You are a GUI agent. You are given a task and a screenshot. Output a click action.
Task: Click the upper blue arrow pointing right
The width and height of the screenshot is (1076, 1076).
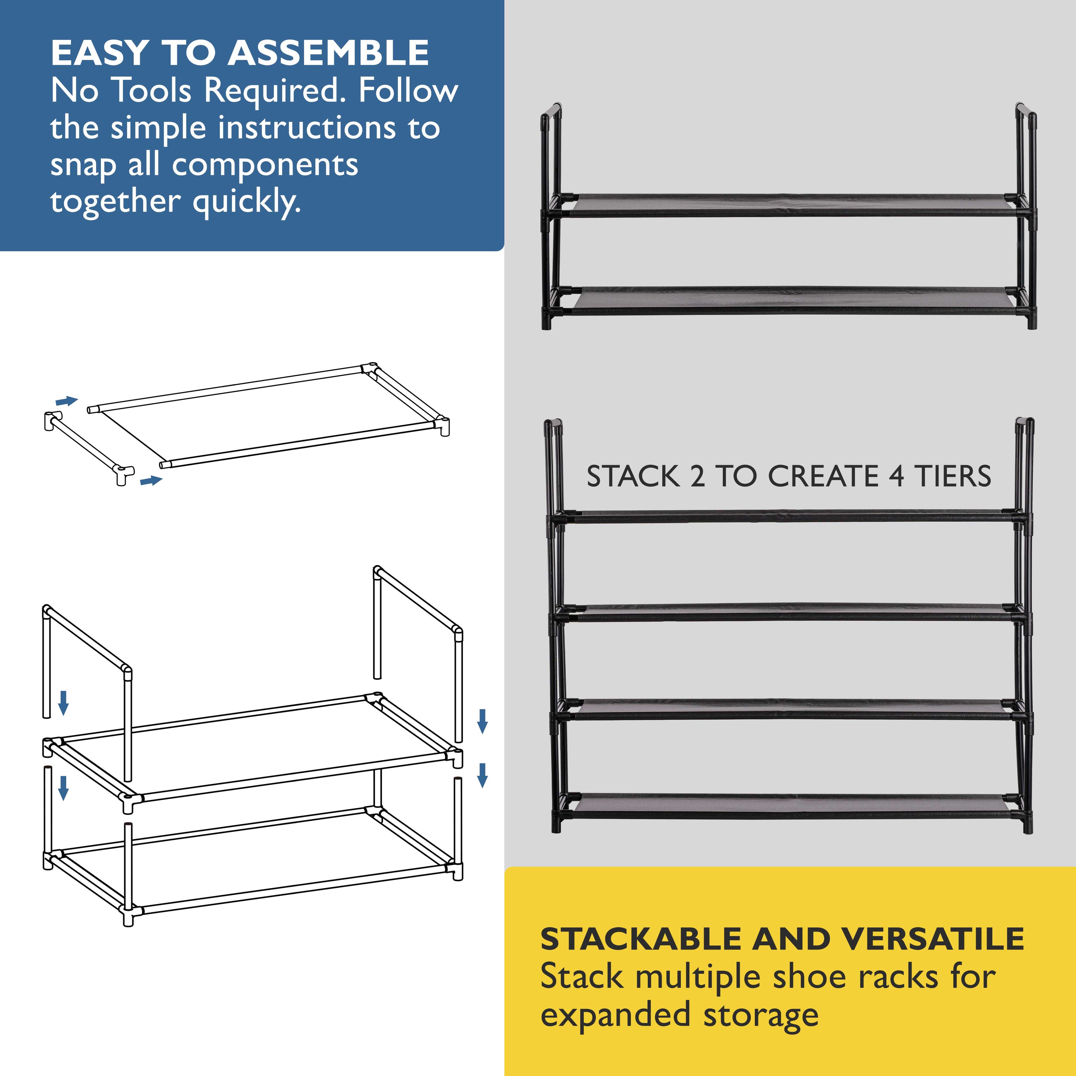pos(67,401)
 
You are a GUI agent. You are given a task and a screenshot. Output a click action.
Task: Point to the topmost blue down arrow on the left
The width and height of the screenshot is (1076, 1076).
pos(64,703)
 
